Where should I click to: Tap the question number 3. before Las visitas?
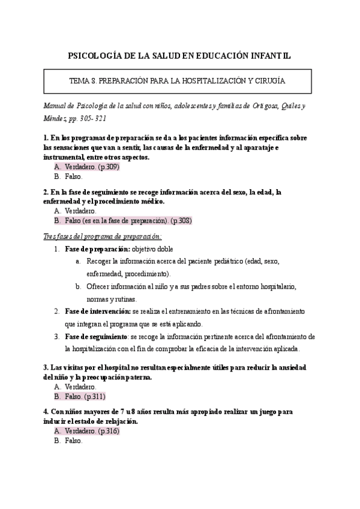(46, 367)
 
